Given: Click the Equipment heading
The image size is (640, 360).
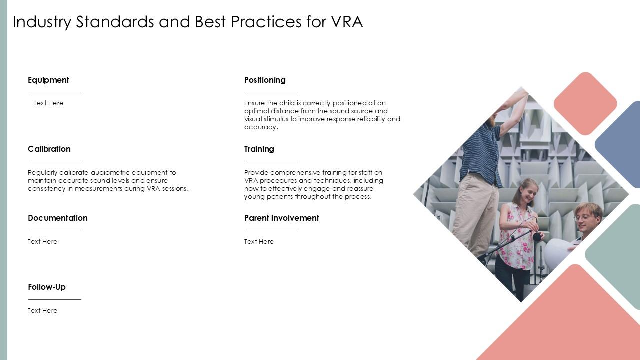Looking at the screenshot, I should point(48,80).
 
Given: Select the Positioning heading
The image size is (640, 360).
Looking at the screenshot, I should point(265,80).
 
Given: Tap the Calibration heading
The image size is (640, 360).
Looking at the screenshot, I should point(49,149).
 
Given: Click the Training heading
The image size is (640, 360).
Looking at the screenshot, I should point(259,149).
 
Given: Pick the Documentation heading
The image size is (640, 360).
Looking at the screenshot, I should point(57,218).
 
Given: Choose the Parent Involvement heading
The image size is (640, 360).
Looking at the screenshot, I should point(281,218).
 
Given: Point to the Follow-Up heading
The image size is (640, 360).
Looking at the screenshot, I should point(46,287).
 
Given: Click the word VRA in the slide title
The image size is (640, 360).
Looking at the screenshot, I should point(347,22).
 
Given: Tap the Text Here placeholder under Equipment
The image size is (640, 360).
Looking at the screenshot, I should point(48,103).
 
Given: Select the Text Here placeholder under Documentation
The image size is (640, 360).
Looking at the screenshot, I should point(42,241).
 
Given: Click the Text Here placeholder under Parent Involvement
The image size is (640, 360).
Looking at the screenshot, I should point(259,241).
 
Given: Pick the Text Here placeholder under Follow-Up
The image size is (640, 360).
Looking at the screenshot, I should point(42,310).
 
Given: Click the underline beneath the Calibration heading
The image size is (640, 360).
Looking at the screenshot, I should point(54,161).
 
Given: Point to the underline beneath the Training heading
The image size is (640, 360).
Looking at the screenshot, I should point(271,161).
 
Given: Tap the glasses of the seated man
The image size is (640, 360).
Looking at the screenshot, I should point(583,217).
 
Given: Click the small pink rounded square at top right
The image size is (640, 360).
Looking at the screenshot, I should point(585,103).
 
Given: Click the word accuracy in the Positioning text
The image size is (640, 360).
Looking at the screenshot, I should point(260,127).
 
